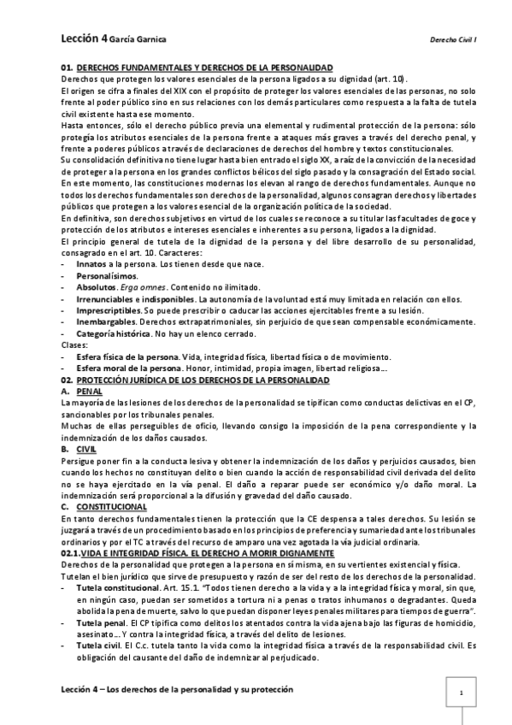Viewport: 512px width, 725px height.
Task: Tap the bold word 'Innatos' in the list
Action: tap(92, 266)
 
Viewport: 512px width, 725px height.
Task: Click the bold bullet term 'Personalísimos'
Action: tap(107, 278)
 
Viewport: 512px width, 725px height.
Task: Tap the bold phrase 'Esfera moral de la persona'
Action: tap(129, 368)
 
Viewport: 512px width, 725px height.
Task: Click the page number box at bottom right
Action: tap(461, 694)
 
